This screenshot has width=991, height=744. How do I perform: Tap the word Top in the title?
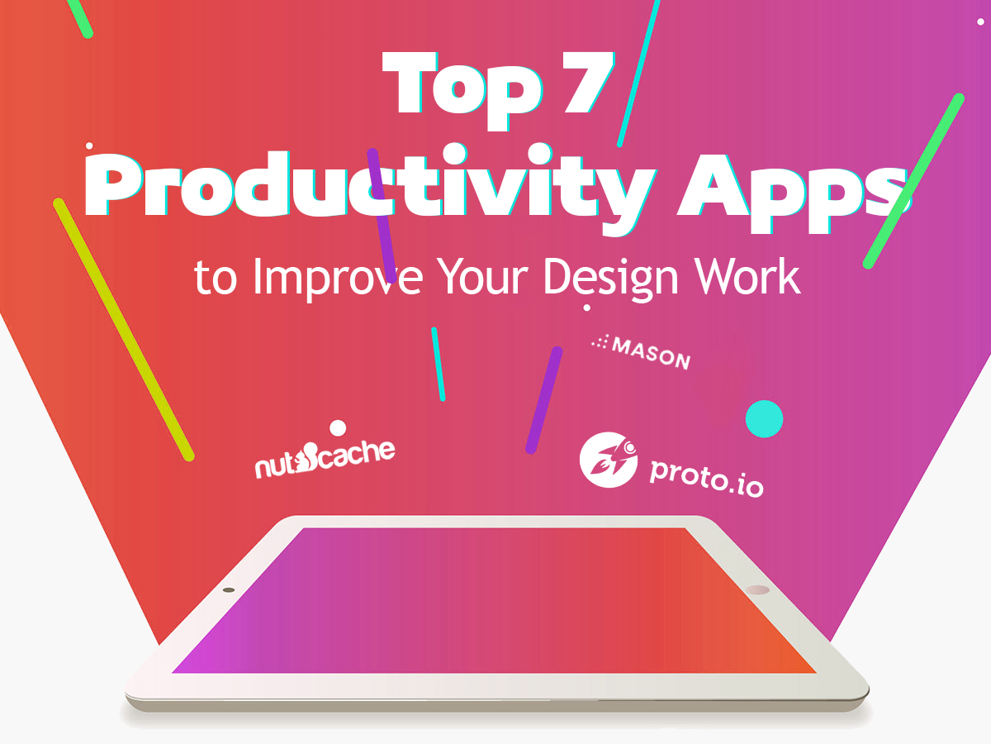click(462, 90)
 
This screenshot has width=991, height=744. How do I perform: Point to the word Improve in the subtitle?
click(338, 276)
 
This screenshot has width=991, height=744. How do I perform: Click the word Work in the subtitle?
click(747, 276)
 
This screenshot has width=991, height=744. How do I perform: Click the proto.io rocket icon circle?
click(608, 460)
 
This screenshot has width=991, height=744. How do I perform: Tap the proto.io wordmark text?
click(707, 479)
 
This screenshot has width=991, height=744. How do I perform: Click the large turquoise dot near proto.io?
click(764, 418)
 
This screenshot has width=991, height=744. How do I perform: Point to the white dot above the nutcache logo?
click(338, 427)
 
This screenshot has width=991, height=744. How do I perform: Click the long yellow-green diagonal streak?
click(124, 329)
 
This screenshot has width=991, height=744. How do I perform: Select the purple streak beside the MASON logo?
click(544, 400)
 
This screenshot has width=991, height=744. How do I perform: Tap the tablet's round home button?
click(757, 589)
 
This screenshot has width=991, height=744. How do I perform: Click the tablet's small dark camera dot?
click(229, 590)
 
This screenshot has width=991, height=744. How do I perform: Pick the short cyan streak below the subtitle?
click(438, 364)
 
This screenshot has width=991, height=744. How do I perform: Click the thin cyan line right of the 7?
click(638, 74)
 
